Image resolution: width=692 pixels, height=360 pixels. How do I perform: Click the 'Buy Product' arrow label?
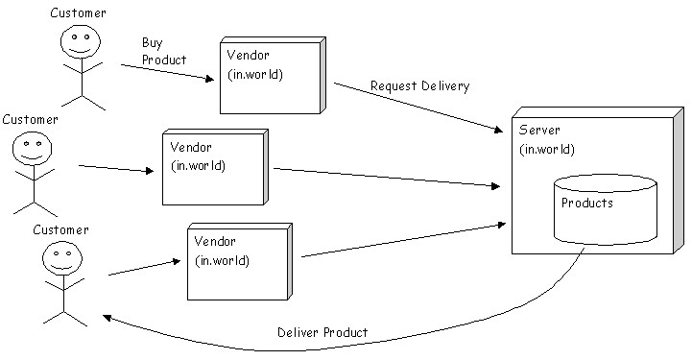click(164, 51)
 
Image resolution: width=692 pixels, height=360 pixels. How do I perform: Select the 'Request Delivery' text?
click(419, 85)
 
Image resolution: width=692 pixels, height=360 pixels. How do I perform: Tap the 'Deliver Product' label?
click(322, 332)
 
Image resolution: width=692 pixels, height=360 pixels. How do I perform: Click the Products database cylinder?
click(606, 209)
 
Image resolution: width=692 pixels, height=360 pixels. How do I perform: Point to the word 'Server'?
click(539, 130)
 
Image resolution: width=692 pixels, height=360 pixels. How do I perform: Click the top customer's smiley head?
click(81, 41)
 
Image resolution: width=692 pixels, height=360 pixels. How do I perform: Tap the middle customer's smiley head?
click(32, 148)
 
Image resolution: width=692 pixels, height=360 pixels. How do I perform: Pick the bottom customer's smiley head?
click(62, 258)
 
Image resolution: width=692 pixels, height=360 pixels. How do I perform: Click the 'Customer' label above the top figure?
click(78, 12)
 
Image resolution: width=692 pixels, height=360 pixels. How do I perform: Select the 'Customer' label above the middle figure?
click(30, 120)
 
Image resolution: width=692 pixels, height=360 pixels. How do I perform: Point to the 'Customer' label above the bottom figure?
click(60, 229)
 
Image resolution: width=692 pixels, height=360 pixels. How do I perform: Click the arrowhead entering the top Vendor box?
click(210, 79)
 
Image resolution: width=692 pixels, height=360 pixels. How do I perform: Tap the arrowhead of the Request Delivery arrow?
click(498, 130)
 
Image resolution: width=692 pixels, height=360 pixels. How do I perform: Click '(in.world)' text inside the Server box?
click(547, 149)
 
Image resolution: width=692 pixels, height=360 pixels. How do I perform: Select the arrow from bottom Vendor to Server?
click(403, 240)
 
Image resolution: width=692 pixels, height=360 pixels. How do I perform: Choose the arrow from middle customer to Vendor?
click(116, 169)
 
